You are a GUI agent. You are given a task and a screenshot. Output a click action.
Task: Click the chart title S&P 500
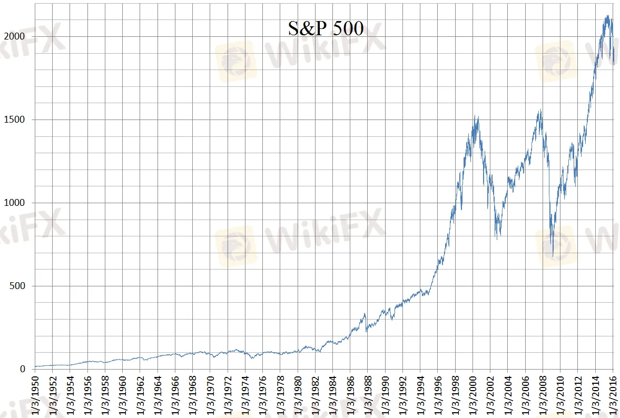[326, 28]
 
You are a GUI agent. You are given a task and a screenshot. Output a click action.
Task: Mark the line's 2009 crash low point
[553, 256]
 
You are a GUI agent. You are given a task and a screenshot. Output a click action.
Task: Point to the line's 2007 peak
[540, 110]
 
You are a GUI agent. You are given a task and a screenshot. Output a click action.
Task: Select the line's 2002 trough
[497, 239]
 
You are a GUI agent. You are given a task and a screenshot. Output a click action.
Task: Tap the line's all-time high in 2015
[608, 15]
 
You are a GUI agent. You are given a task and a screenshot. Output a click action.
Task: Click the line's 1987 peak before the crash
[365, 314]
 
